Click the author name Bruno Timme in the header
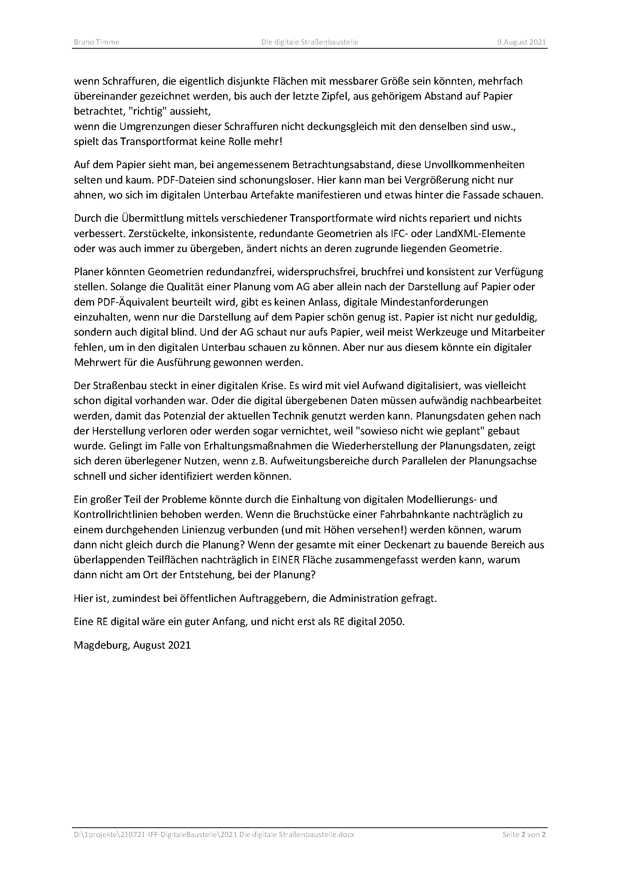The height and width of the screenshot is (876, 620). point(96,42)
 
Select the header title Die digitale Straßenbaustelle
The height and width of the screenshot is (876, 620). point(310,42)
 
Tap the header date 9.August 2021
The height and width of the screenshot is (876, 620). point(521,42)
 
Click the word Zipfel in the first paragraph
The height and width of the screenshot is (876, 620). point(336,96)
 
